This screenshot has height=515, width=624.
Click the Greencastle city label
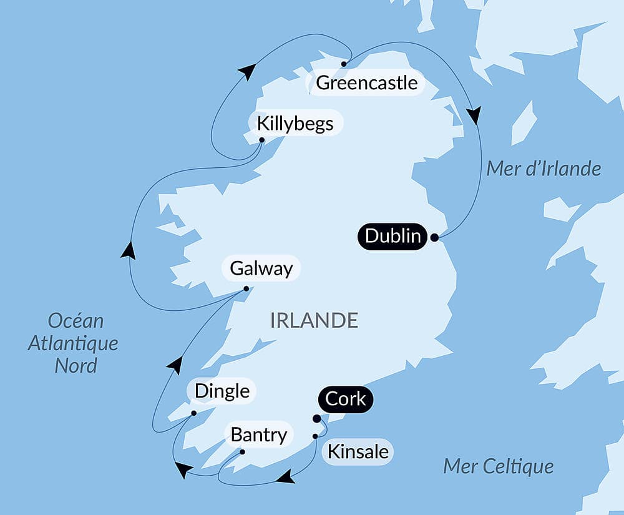click(x=366, y=82)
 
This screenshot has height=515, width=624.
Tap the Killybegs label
click(x=295, y=123)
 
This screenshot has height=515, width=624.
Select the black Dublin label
click(x=392, y=237)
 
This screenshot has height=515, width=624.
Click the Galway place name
click(x=261, y=269)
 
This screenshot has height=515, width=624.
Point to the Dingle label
click(x=222, y=391)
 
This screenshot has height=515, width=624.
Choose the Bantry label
click(x=258, y=434)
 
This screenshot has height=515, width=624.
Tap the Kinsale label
click(x=358, y=451)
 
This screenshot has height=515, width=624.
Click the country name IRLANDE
click(x=314, y=320)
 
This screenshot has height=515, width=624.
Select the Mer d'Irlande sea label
click(x=543, y=169)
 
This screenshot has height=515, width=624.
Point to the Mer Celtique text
click(x=498, y=466)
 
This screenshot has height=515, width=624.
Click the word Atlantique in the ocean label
click(x=73, y=343)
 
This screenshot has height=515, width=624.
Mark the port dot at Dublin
click(x=434, y=237)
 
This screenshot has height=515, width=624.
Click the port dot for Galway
click(x=246, y=288)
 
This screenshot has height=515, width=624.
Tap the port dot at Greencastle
click(x=343, y=64)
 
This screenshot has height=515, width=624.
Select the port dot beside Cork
click(x=316, y=419)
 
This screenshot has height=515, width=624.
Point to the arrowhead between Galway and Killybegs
click(x=128, y=250)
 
